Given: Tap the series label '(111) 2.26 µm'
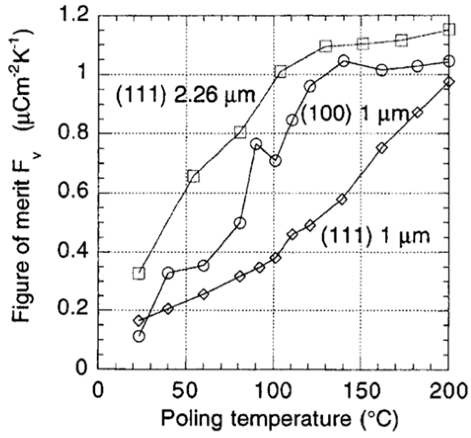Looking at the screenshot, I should [x=184, y=94].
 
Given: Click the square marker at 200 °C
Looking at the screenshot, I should [x=449, y=29].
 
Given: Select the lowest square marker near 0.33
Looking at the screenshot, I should [x=139, y=273].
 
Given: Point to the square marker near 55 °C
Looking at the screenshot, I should [x=193, y=176].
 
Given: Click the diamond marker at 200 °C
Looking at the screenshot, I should [x=448, y=82].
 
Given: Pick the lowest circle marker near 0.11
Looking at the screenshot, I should [x=139, y=336].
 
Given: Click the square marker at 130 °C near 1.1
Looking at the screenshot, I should [x=325, y=46].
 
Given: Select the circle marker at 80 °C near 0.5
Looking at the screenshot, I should [x=240, y=223].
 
